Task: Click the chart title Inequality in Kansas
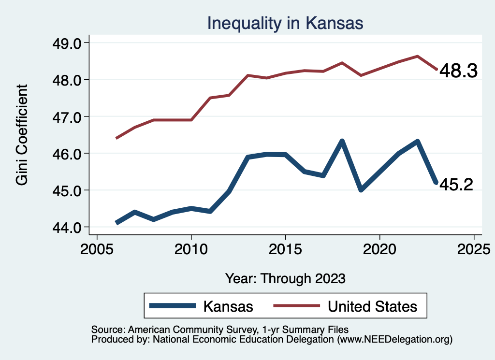point(285,23)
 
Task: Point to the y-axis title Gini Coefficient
point(22,135)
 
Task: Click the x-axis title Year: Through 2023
point(285,278)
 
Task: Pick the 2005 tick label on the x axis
point(97,251)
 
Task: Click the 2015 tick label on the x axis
point(285,251)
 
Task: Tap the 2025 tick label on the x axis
point(474,251)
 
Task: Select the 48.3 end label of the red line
point(458,72)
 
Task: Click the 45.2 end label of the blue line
point(455,184)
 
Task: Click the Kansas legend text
point(228,306)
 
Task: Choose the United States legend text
point(372,306)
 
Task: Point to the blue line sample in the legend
point(173,305)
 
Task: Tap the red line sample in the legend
point(296,305)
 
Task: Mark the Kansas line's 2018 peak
point(342,142)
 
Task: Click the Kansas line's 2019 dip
point(361,189)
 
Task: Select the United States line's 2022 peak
point(417,56)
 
